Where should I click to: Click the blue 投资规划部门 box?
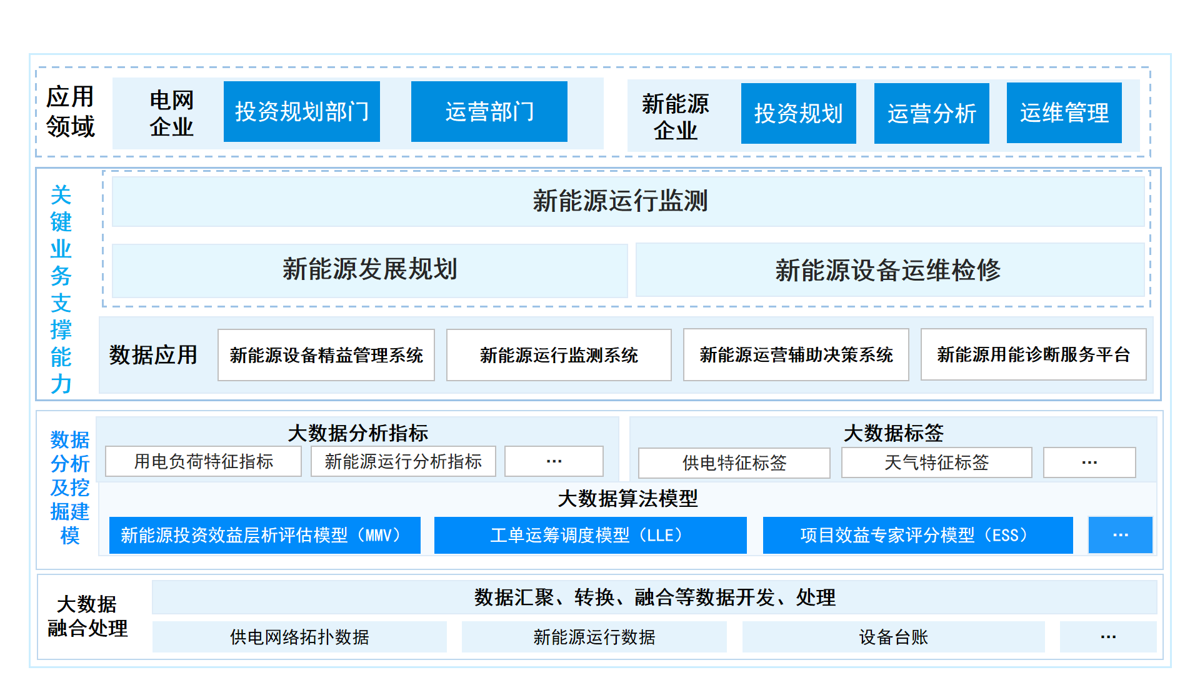pyautogui.click(x=302, y=112)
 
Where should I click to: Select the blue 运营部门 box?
pyautogui.click(x=489, y=112)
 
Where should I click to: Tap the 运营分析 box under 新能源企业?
pyautogui.click(x=931, y=113)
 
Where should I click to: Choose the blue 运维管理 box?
pyautogui.click(x=1064, y=112)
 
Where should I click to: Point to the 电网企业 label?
pyautogui.click(x=172, y=113)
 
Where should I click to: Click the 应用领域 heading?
pyautogui.click(x=71, y=111)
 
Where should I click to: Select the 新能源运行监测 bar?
pyautogui.click(x=628, y=201)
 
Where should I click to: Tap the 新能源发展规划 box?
pyautogui.click(x=369, y=270)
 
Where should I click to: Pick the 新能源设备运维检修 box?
pyautogui.click(x=890, y=270)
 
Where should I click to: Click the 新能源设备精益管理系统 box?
pyautogui.click(x=326, y=355)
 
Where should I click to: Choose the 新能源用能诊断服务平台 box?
pyautogui.click(x=1034, y=354)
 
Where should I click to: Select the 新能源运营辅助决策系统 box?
pyautogui.click(x=796, y=354)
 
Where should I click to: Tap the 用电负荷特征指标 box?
pyautogui.click(x=204, y=461)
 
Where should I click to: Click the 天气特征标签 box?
pyautogui.click(x=937, y=462)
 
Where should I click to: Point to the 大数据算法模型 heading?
pyautogui.click(x=627, y=498)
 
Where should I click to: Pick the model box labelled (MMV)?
pyautogui.click(x=265, y=535)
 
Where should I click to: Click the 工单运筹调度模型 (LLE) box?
pyautogui.click(x=591, y=535)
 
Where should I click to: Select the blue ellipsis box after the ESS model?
pyautogui.click(x=1121, y=535)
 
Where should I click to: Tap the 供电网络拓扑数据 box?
pyautogui.click(x=299, y=637)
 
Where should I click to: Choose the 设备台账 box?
pyautogui.click(x=894, y=637)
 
